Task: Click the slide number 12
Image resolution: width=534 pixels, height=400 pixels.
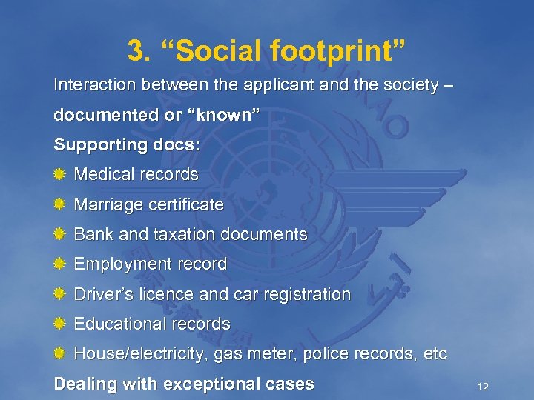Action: [482, 387]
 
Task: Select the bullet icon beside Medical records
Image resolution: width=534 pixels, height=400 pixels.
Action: [61, 175]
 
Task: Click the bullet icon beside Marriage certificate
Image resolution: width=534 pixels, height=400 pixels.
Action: [61, 204]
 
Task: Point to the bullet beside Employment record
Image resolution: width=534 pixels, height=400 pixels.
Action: [61, 264]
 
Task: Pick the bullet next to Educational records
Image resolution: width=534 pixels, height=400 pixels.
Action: [61, 324]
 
